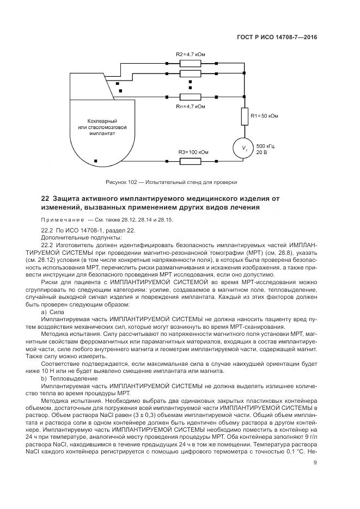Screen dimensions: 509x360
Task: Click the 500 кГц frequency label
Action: tap(265, 146)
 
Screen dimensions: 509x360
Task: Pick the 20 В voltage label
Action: tap(261, 152)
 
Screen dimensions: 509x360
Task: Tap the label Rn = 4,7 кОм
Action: tap(190, 107)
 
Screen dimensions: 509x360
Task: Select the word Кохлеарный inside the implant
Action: tap(103, 120)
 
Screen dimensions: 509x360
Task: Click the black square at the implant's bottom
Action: tap(96, 161)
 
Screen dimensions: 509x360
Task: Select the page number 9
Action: tap(315, 463)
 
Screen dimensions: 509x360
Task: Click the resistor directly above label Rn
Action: tap(190, 97)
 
